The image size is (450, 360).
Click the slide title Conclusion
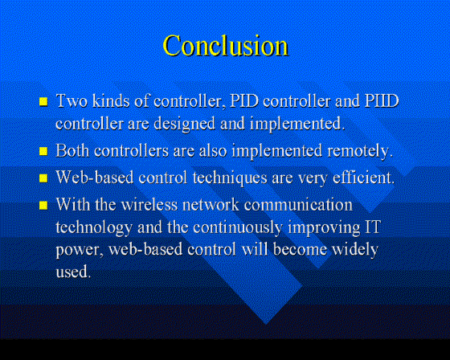(x=226, y=46)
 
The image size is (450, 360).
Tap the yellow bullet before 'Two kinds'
(x=43, y=101)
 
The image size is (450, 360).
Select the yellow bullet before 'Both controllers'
(x=43, y=151)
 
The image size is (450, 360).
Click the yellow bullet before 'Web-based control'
(x=43, y=178)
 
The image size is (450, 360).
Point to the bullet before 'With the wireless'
(x=43, y=205)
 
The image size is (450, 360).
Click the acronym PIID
(x=382, y=100)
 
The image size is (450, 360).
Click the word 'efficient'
(x=363, y=178)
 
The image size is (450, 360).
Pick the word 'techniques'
(x=230, y=178)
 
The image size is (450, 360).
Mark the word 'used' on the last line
(x=73, y=272)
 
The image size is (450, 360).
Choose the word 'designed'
(x=184, y=125)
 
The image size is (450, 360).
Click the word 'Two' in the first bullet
(x=72, y=100)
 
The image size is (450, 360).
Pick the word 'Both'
(x=72, y=150)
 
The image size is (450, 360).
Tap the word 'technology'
(x=94, y=228)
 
